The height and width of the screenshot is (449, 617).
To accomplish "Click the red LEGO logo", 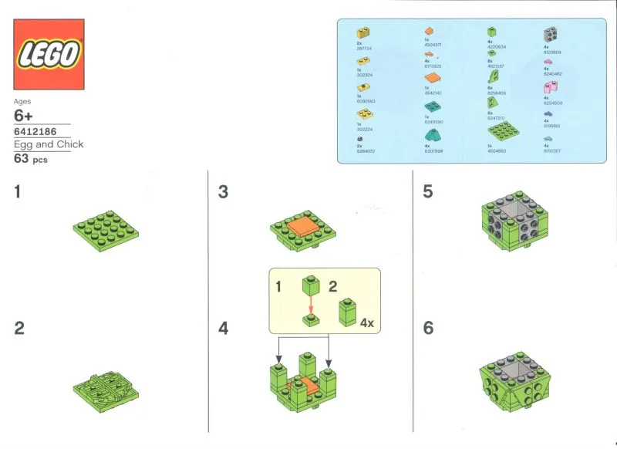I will pos(49,55).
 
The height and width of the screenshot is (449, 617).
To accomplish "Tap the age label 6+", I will pos(25,116).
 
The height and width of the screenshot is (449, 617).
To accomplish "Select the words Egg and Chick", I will pos(49,144).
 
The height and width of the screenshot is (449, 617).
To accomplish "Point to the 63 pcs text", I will pos(32,159).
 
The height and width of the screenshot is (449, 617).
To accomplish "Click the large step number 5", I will pos(428,192).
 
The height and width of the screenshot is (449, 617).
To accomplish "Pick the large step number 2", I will pos(19,328).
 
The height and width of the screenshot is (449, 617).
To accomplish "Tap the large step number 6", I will pos(428,328).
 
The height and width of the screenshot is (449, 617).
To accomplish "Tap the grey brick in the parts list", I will pos(551,34).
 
